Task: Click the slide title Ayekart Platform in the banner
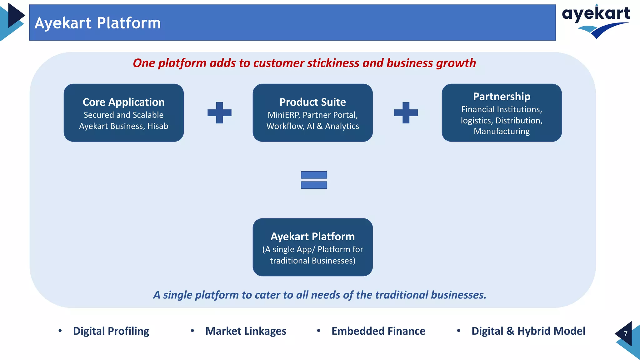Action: click(97, 23)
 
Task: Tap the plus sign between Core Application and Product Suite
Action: click(219, 112)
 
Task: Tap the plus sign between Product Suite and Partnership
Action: click(406, 112)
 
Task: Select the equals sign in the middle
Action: click(314, 180)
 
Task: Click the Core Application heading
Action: click(123, 102)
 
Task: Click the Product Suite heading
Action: click(312, 102)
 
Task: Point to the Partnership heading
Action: click(501, 97)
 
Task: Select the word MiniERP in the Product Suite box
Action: click(283, 115)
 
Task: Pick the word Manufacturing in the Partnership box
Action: click(501, 131)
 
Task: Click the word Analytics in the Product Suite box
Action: click(342, 126)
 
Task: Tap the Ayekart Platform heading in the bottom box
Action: click(312, 237)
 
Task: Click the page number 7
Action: click(625, 334)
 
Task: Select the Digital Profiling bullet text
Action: click(111, 331)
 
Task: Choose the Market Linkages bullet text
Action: click(246, 331)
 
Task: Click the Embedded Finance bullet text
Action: click(378, 331)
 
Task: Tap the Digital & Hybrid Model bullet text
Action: click(528, 331)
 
